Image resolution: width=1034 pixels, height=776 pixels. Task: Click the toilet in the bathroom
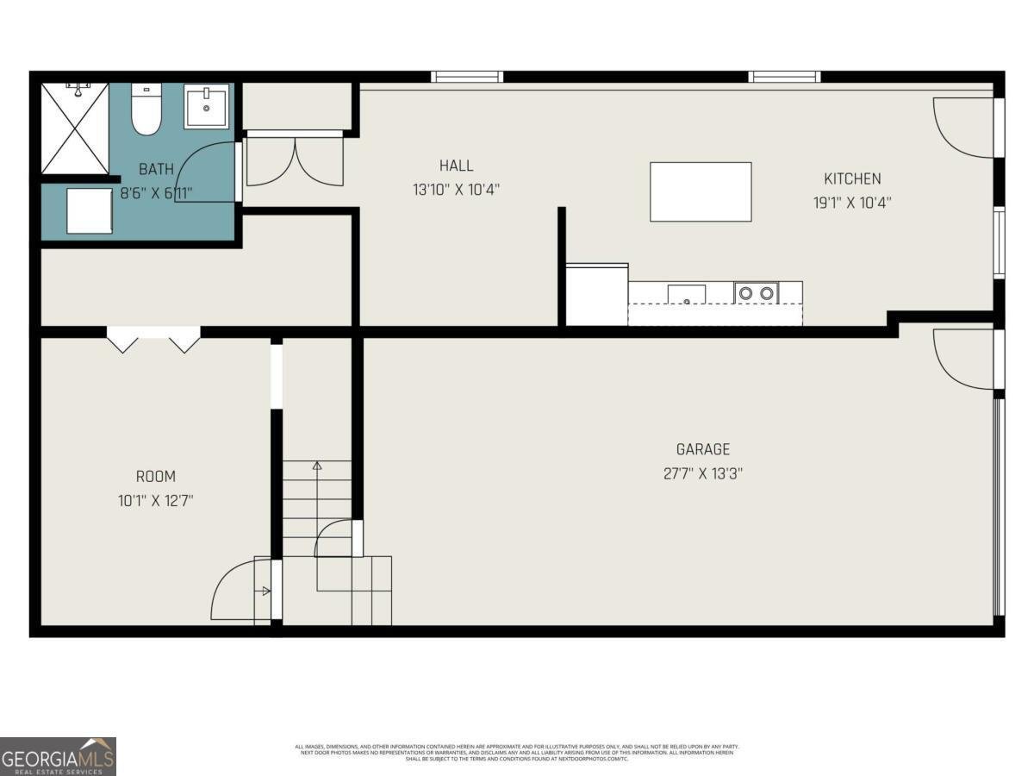[x=146, y=110]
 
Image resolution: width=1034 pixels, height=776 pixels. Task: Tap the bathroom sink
[x=206, y=107]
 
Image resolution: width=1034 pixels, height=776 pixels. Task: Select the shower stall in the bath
[x=75, y=128]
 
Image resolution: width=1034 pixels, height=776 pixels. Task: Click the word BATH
[x=156, y=169]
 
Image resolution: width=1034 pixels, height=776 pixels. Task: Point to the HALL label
[x=456, y=166]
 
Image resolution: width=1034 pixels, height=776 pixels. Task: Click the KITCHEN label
[x=852, y=178]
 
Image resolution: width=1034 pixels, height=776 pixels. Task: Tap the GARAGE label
[x=702, y=449]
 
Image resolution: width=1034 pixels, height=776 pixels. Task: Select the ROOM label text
[x=156, y=476]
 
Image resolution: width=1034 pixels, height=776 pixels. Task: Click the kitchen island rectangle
[x=701, y=191]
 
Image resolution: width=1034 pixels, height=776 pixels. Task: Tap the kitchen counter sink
[x=686, y=294]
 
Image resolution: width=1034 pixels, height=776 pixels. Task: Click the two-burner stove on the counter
[x=756, y=293]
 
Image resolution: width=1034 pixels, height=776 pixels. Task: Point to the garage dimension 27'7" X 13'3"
[x=702, y=473]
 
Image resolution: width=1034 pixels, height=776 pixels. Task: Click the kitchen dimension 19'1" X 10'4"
[x=852, y=203]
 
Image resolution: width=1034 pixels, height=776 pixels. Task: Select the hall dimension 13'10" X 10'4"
[x=456, y=190]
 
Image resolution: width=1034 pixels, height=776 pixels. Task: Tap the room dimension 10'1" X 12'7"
[x=156, y=500]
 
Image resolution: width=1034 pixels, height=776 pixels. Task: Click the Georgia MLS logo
[x=58, y=756]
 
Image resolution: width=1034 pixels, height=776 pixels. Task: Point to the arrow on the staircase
[x=316, y=467]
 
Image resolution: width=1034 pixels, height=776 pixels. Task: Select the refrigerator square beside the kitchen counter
[x=596, y=295]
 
